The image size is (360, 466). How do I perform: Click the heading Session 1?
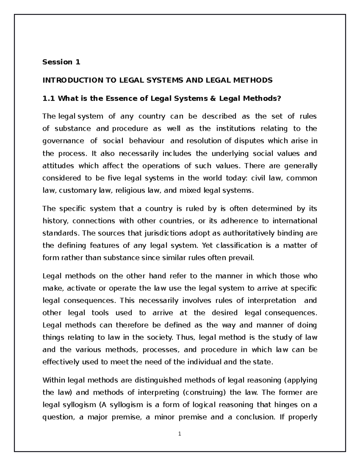pyautogui.click(x=61, y=62)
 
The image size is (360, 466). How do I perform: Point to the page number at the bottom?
pyautogui.click(x=180, y=434)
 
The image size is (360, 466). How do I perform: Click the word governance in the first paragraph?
pyautogui.click(x=63, y=141)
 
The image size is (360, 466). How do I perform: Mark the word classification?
pyautogui.click(x=239, y=245)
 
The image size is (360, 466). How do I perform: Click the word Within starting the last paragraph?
pyautogui.click(x=54, y=380)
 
